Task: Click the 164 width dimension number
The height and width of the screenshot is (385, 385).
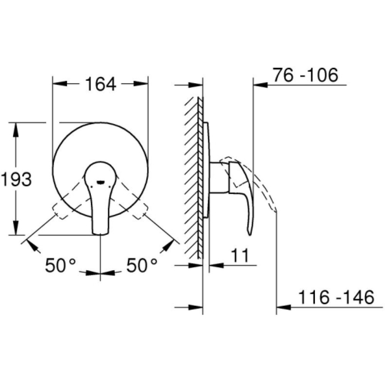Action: point(100,84)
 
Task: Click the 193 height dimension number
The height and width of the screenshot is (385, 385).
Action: point(17,179)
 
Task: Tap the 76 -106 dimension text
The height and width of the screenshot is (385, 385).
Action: point(305,75)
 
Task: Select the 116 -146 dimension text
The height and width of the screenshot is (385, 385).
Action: point(336,297)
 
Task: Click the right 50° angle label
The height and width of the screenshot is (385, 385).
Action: point(142,265)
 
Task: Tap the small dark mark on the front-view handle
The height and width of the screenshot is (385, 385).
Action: point(100,182)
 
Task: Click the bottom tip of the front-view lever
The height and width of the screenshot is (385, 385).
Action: point(100,234)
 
